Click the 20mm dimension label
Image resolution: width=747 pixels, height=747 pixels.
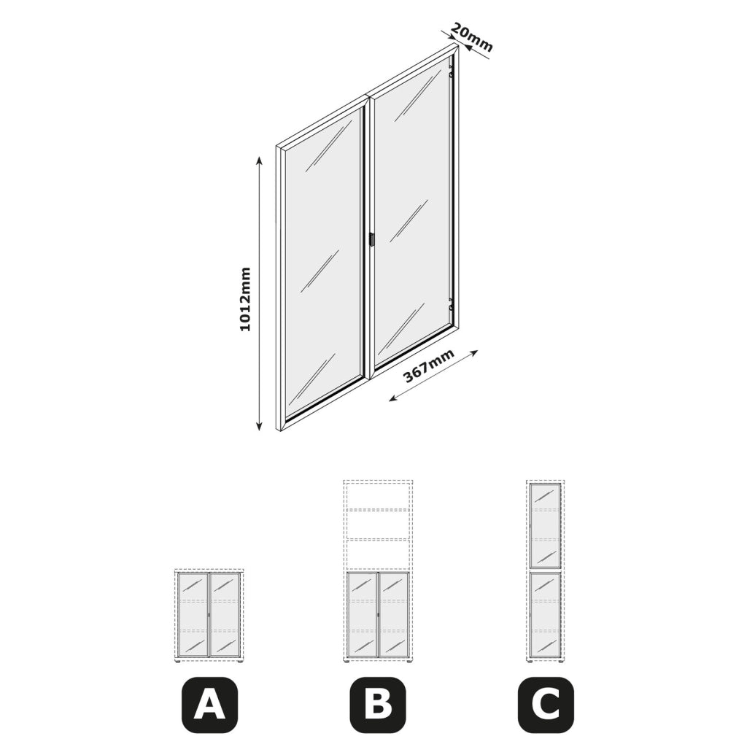point(471,37)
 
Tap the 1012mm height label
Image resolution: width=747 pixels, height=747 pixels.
point(245,299)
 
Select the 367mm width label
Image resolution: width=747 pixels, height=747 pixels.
point(429,366)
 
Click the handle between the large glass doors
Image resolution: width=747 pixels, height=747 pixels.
point(371,239)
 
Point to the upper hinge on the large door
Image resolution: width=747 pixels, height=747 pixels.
point(452,74)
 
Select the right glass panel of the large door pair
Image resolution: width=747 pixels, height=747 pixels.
point(413,207)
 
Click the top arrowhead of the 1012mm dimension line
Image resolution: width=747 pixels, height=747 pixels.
point(259,160)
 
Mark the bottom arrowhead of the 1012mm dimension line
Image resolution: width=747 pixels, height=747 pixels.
point(259,425)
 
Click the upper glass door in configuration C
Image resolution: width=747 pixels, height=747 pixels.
point(546,526)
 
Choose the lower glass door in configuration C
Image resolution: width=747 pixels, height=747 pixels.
point(546,614)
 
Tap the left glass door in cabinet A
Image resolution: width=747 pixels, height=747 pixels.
point(193,614)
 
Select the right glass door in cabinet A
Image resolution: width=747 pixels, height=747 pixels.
point(225,614)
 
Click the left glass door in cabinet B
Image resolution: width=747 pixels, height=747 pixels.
point(362,614)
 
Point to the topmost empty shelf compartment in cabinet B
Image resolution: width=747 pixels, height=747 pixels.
point(379,496)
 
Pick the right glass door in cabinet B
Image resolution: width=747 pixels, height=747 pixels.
point(394,614)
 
